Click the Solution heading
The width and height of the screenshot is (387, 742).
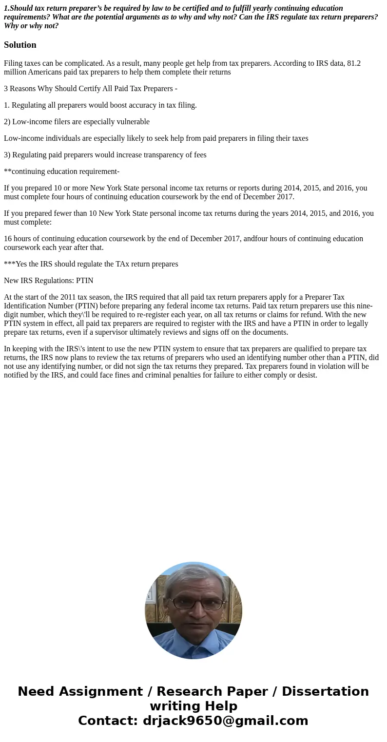pos(20,45)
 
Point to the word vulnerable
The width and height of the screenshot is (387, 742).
pos(133,122)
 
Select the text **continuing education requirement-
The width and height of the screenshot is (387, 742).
pos(61,171)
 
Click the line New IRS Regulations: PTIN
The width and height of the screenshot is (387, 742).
pos(49,281)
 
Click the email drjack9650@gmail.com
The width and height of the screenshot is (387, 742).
pos(225,721)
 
